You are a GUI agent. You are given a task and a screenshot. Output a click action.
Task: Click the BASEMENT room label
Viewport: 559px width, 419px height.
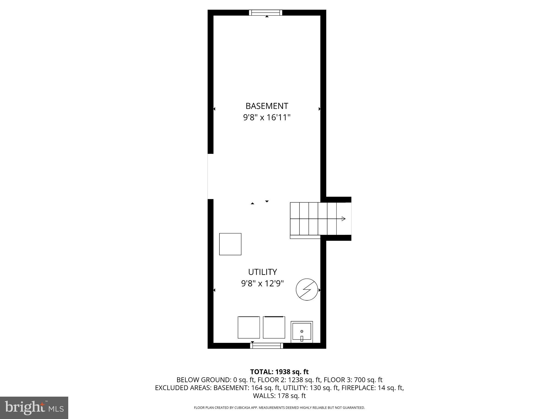(x=267, y=106)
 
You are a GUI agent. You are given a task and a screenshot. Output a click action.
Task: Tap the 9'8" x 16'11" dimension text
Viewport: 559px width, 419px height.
(x=267, y=118)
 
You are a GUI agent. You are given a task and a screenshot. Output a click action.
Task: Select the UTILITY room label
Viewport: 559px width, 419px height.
(x=262, y=272)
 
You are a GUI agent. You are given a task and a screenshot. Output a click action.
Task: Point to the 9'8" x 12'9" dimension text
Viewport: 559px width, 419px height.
(x=262, y=284)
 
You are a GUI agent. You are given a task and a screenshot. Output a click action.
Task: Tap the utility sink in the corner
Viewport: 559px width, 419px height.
(x=302, y=332)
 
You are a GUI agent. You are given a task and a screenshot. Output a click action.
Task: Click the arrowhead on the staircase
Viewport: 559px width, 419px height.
(x=343, y=219)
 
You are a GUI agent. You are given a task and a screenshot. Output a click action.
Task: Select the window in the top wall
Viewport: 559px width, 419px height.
(x=266, y=13)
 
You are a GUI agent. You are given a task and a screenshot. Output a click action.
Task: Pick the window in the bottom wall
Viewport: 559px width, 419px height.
(x=267, y=346)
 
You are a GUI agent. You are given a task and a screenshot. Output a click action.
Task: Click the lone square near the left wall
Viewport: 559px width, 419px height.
(x=230, y=244)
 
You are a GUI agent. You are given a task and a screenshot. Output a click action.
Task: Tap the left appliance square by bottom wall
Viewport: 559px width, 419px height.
(x=249, y=327)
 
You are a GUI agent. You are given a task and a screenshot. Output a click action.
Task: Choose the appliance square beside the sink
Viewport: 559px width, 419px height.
(x=274, y=327)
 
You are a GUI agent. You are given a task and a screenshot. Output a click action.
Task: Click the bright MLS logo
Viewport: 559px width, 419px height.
(x=34, y=408)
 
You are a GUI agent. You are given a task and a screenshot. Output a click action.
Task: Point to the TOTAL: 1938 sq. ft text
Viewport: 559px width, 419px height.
(x=279, y=372)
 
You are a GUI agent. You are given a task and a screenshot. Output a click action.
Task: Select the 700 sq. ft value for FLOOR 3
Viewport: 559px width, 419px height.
(x=368, y=380)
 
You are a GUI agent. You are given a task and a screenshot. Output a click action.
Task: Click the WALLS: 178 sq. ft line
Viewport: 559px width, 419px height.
(x=279, y=396)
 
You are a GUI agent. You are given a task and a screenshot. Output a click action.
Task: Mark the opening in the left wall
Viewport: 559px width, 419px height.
(x=210, y=176)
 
